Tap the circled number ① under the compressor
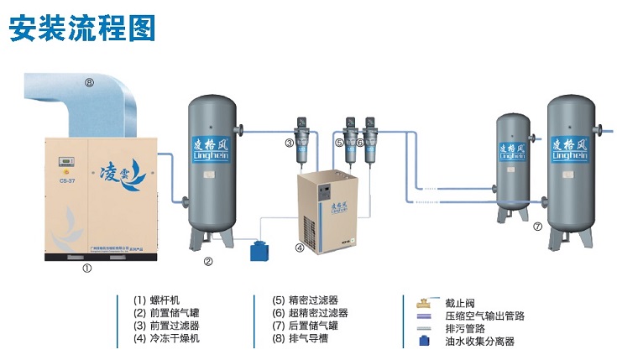pos(86,269)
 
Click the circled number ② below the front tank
pos(208,261)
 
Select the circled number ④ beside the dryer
pos(299,248)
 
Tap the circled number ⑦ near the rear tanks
pos(537,226)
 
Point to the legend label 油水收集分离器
pos(479,342)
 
